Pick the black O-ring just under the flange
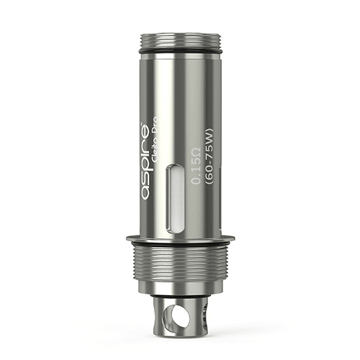pyautogui.click(x=180, y=246)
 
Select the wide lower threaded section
pyautogui.click(x=180, y=266)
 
